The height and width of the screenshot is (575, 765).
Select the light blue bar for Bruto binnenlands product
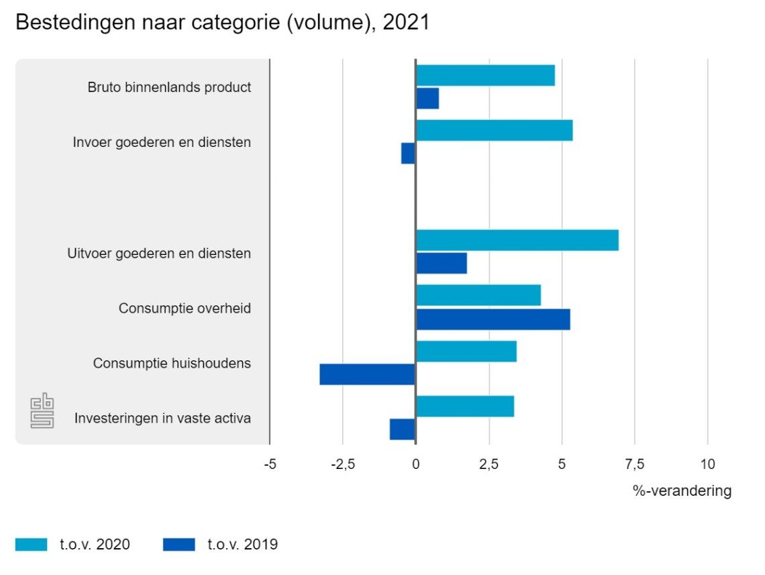coord(485,76)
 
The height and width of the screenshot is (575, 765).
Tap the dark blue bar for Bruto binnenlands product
coord(427,99)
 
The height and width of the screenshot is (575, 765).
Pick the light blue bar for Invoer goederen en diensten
coord(494,130)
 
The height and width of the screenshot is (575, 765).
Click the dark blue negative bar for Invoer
coord(408,154)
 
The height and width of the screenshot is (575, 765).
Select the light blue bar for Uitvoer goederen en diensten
coord(517,240)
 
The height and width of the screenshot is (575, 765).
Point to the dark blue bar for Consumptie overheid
coord(493,319)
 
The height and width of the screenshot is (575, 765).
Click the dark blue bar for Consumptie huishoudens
coord(367,374)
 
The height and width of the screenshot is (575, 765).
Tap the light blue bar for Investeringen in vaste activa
coord(464,407)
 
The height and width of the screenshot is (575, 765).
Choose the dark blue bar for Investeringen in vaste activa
coord(402,429)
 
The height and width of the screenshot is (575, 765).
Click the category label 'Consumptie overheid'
coord(185,309)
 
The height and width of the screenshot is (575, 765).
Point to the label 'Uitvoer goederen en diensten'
coord(159,254)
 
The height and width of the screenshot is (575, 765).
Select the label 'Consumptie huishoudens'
coord(172,364)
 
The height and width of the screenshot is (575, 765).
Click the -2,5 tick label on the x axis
coord(342,464)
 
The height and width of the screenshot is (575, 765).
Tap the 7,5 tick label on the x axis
coord(634,464)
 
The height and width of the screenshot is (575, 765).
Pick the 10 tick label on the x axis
coord(707,464)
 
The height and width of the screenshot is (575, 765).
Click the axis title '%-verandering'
coord(682,491)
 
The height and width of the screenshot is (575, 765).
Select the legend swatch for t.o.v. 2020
coord(32,545)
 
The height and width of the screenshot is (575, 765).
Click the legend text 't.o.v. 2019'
coord(242,545)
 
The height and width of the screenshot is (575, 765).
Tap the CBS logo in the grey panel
coord(42,411)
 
